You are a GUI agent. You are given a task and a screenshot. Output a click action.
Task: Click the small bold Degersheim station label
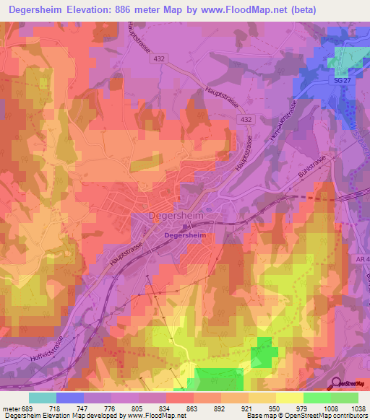pos(185,235)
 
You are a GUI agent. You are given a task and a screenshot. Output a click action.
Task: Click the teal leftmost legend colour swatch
pos(43,398)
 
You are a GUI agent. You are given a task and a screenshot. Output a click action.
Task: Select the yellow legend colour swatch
pos(290,398)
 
